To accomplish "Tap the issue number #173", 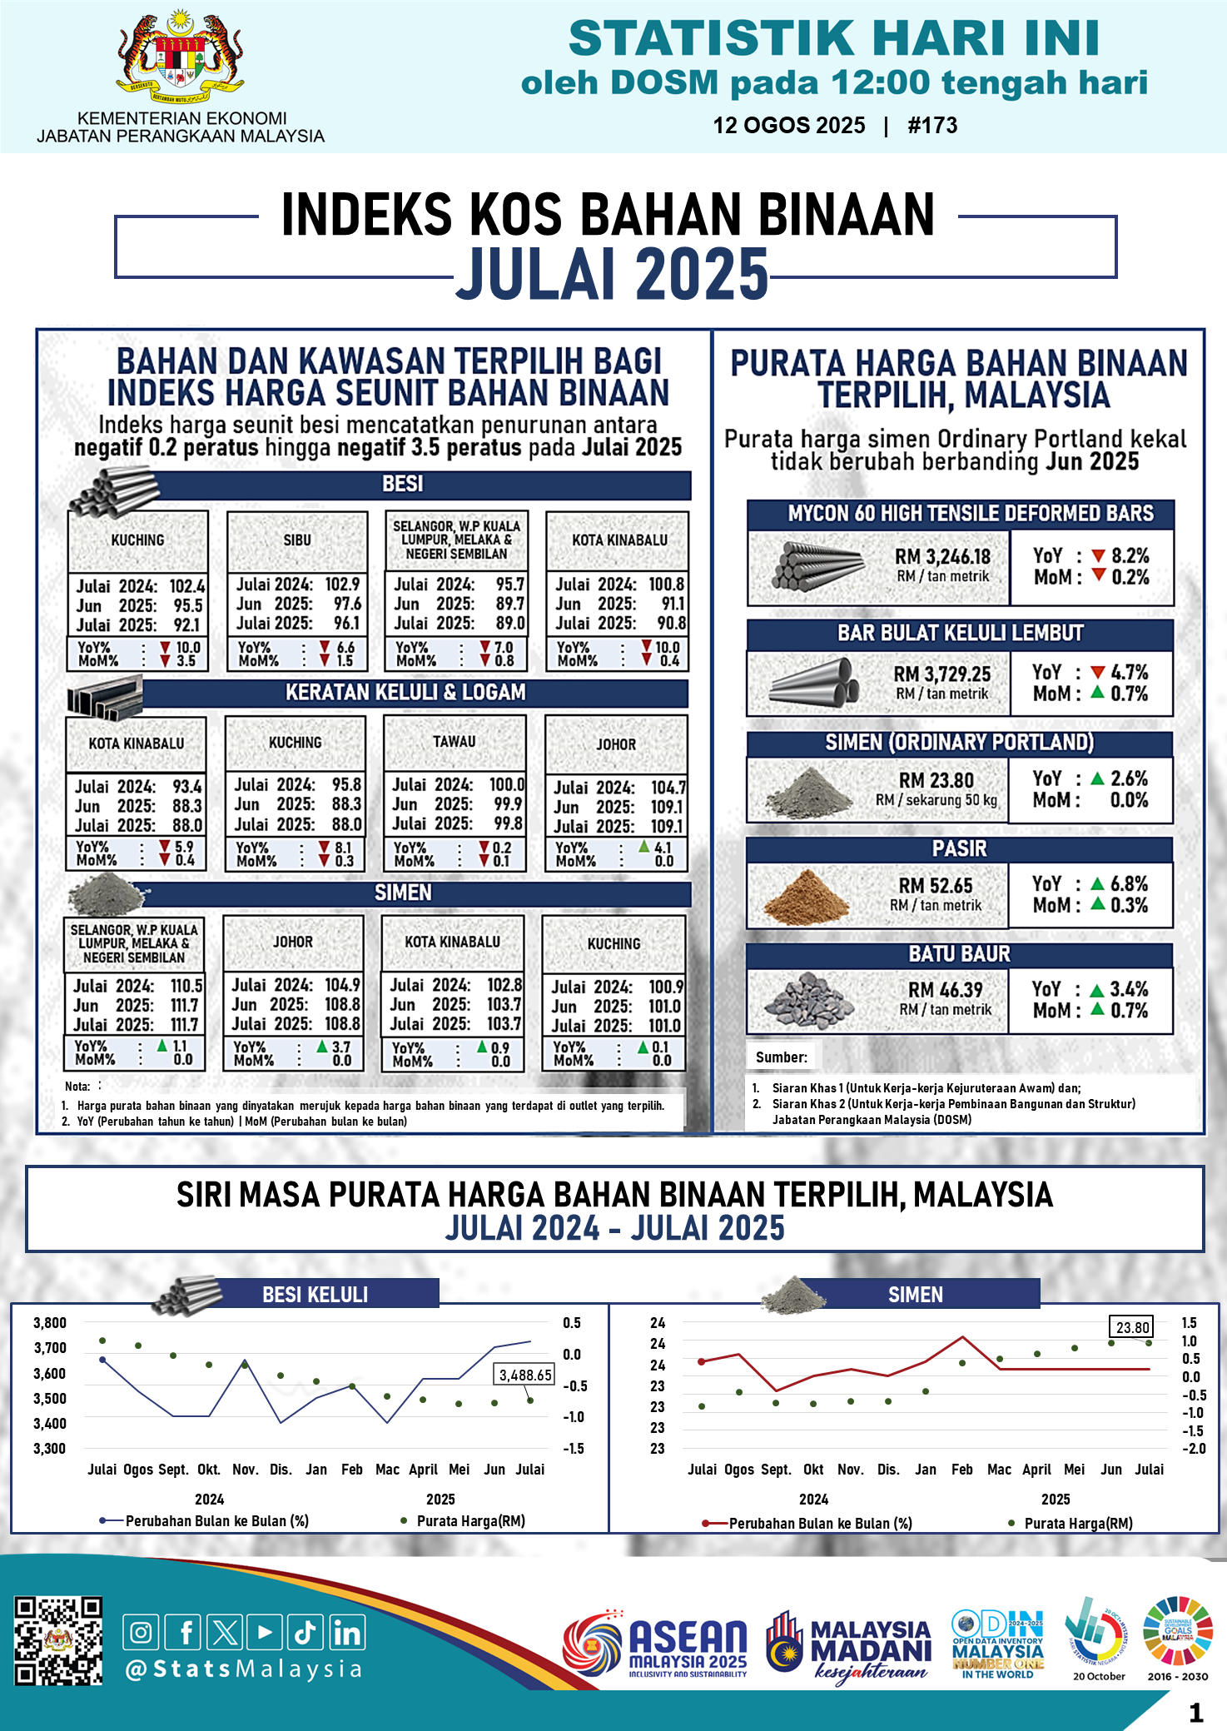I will click(x=932, y=126).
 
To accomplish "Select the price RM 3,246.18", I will click(x=942, y=556).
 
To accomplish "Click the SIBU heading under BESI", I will click(x=297, y=540).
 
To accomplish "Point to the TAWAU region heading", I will click(x=455, y=741).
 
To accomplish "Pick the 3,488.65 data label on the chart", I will click(x=525, y=1375).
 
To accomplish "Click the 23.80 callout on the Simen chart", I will click(x=1132, y=1327).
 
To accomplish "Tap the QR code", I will click(x=58, y=1640).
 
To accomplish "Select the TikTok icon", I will click(x=306, y=1632).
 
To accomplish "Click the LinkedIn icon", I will click(x=346, y=1632).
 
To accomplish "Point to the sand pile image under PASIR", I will click(x=805, y=897).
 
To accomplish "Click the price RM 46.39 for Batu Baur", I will click(x=945, y=990).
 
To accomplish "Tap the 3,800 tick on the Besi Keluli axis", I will click(x=50, y=1323).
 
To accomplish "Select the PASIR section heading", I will click(x=959, y=848).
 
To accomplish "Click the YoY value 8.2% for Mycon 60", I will click(x=1130, y=555).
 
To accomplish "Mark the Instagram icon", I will click(x=142, y=1632).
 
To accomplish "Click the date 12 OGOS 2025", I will click(x=788, y=126).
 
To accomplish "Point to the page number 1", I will click(x=1196, y=1712).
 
